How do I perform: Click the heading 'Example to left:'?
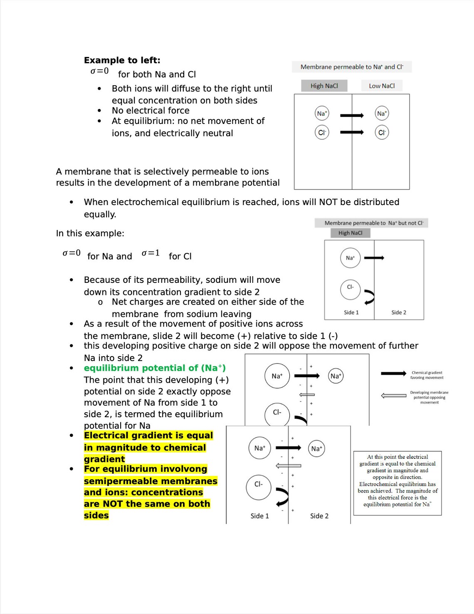(x=122, y=60)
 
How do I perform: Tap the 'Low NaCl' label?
(x=382, y=86)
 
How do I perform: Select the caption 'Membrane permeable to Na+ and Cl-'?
(x=352, y=67)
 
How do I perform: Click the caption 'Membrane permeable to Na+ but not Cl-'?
(x=373, y=223)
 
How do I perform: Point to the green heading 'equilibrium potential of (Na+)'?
(x=155, y=368)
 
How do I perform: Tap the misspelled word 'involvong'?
(x=186, y=469)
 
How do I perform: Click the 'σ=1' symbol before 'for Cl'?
(x=151, y=253)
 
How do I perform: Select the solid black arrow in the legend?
(x=393, y=374)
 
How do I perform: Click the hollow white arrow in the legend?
(x=393, y=395)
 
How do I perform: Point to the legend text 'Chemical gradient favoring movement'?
(x=427, y=375)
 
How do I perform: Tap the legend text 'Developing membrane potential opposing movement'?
(x=429, y=397)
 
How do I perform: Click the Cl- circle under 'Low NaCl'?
(x=382, y=133)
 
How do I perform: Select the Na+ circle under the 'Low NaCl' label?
(x=382, y=114)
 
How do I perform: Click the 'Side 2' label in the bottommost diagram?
(x=319, y=516)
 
